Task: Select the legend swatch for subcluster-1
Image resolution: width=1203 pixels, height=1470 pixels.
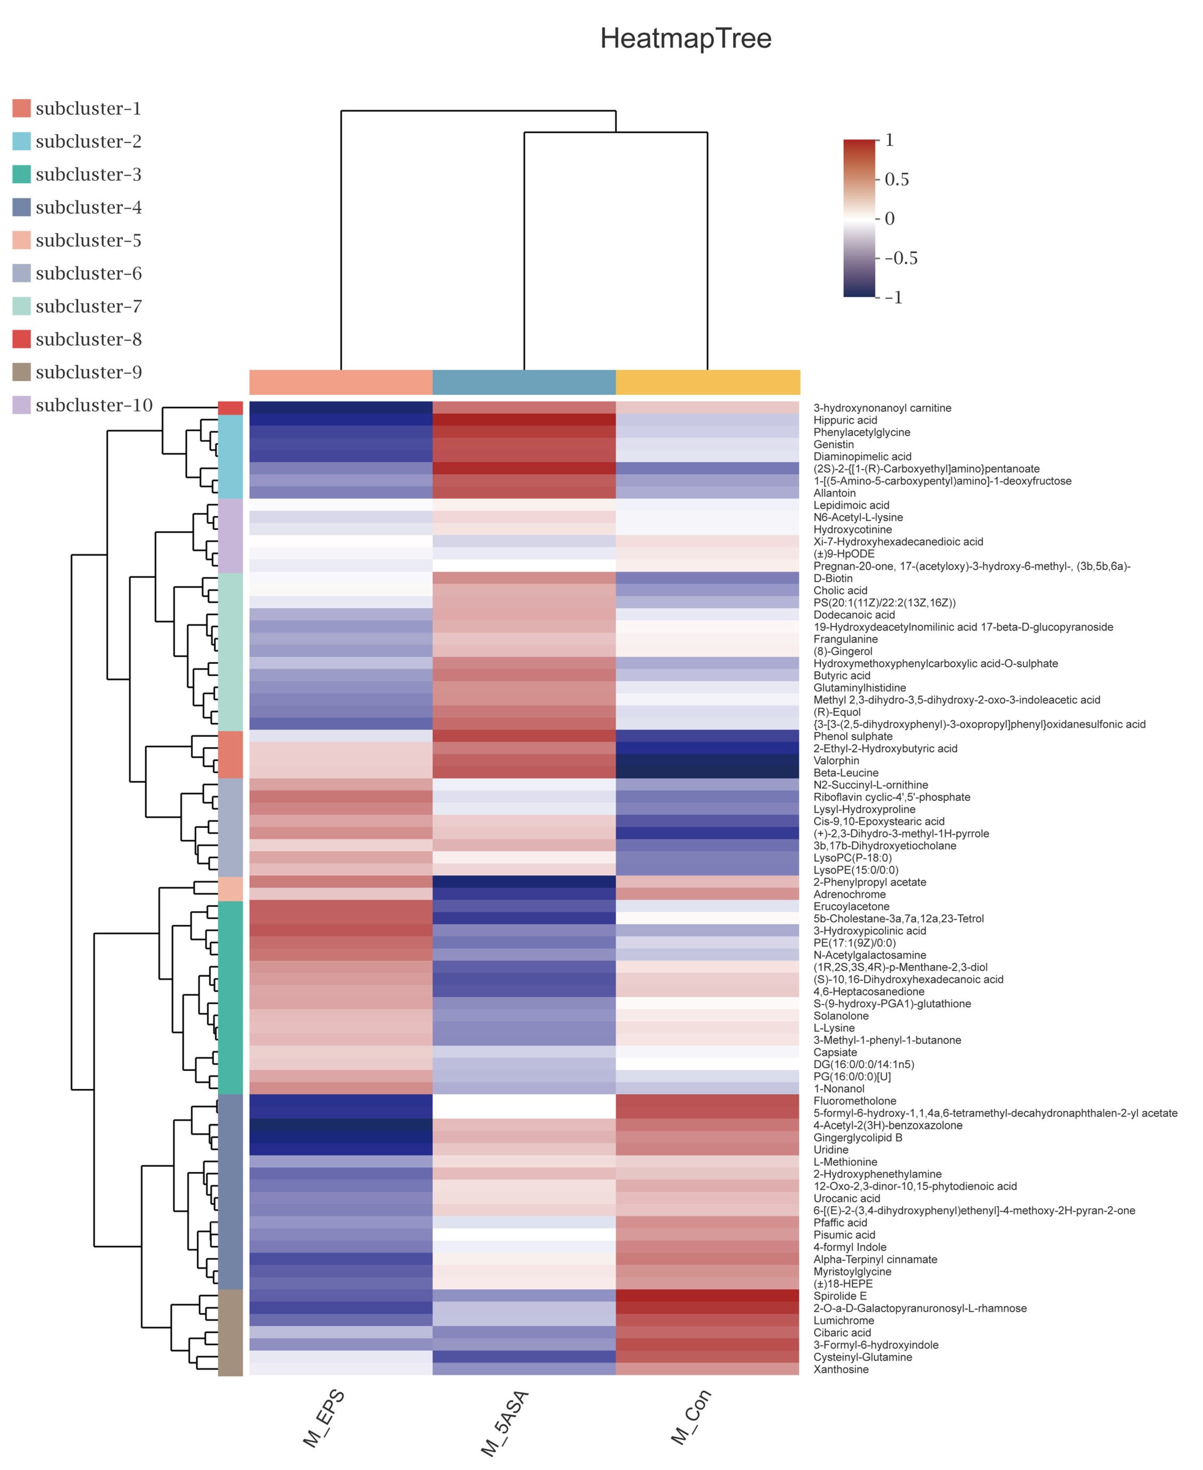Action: [22, 108]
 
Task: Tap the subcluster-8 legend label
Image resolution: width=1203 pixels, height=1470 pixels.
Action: [89, 340]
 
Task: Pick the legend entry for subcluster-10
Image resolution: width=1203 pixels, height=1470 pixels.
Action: [93, 405]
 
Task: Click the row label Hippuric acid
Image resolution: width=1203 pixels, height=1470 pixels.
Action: [845, 420]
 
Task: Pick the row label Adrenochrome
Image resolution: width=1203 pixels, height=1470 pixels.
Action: [849, 894]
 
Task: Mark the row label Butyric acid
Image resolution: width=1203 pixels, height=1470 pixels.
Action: [841, 675]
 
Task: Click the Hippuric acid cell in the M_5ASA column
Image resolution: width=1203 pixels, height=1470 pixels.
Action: [524, 420]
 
